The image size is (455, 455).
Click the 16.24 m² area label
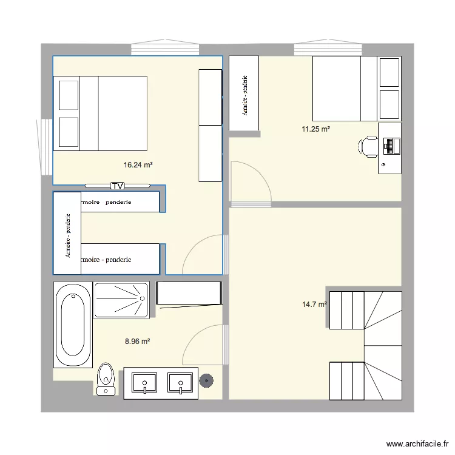tap(138, 164)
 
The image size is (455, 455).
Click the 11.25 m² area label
tap(315, 129)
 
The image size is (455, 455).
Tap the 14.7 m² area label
tap(314, 305)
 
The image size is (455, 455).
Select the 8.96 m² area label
tap(137, 342)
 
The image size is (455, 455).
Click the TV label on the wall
tap(117, 185)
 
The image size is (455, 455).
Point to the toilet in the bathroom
tap(106, 379)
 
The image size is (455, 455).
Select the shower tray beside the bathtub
tap(121, 300)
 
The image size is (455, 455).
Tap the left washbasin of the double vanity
tap(144, 383)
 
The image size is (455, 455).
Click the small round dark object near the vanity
tap(207, 381)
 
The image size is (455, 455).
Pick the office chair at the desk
tap(368, 146)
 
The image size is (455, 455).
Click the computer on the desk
tap(390, 146)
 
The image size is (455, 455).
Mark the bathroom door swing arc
tap(203, 343)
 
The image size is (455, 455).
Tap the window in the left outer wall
tap(45, 146)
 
